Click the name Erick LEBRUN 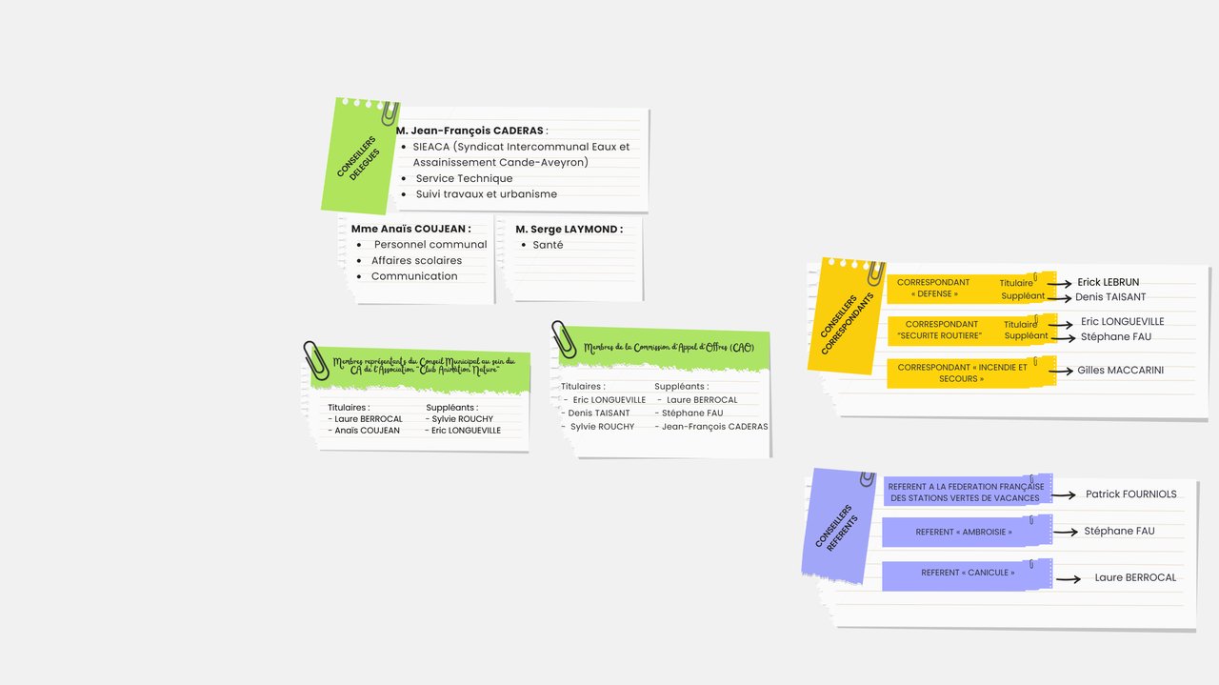click(x=1108, y=282)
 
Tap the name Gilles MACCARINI click(x=1121, y=371)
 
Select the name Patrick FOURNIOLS click(x=1130, y=494)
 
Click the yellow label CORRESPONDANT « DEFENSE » click(x=933, y=288)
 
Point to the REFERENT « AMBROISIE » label click(x=964, y=532)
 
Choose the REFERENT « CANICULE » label click(x=968, y=573)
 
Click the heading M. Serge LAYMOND click(x=570, y=230)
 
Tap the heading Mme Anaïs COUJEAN click(x=410, y=229)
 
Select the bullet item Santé click(x=548, y=245)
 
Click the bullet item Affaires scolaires click(x=416, y=260)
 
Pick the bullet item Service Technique click(x=464, y=178)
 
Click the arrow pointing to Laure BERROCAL click(x=1069, y=579)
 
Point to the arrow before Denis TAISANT click(x=1059, y=298)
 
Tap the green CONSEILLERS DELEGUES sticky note click(x=360, y=157)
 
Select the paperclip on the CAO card click(x=563, y=339)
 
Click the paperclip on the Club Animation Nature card click(x=316, y=360)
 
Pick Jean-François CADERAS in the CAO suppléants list click(x=714, y=427)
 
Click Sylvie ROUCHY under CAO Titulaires click(x=602, y=427)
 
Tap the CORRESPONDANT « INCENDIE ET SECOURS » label click(x=962, y=373)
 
